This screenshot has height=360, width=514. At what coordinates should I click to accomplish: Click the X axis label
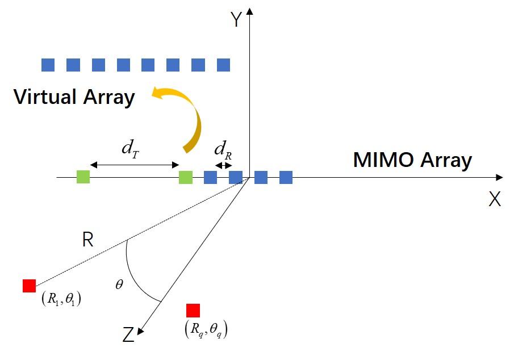(495, 199)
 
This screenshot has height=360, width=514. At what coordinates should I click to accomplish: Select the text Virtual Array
(74, 97)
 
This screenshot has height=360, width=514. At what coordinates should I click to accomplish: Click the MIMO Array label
(412, 160)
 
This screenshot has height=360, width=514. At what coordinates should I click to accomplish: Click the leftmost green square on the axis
(83, 177)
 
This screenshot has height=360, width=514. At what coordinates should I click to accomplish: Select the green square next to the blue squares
(186, 177)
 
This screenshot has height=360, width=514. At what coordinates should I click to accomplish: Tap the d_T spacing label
(132, 149)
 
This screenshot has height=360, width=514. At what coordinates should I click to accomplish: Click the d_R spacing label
(223, 150)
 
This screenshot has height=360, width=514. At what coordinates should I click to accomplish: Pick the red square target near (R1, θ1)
(30, 286)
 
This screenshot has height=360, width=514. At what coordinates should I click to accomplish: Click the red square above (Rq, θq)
(193, 311)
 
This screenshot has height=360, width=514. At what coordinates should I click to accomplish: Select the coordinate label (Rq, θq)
(207, 329)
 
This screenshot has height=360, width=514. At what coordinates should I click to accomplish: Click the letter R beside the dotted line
(87, 240)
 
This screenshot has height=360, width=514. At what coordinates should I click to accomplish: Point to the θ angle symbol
(119, 284)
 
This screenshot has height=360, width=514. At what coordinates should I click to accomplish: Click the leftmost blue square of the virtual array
(48, 65)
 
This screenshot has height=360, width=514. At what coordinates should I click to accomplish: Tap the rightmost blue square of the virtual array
(223, 65)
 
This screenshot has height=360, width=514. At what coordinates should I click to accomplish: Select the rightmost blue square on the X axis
(286, 177)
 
